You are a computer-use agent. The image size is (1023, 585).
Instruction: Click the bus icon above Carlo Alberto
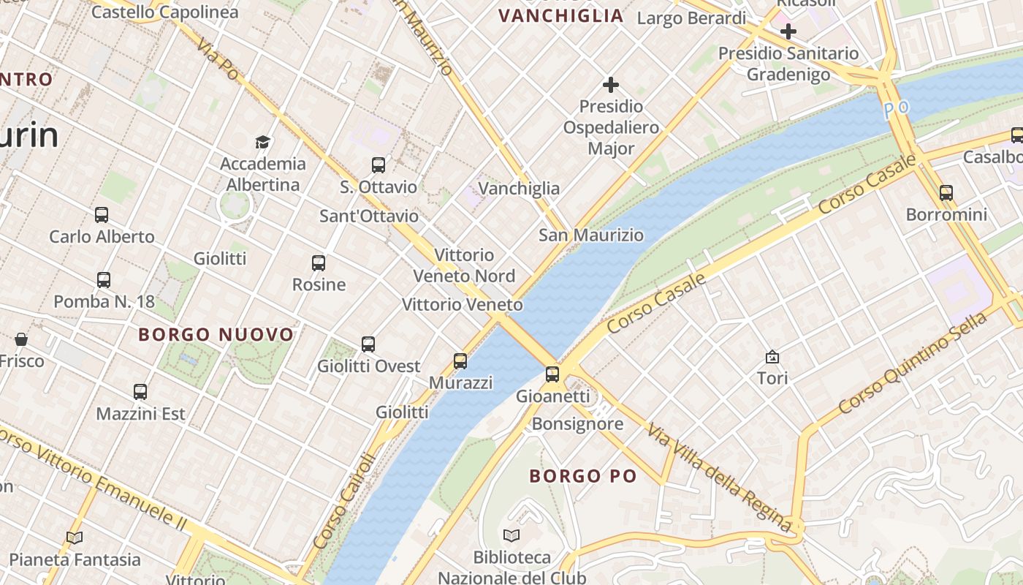(102, 215)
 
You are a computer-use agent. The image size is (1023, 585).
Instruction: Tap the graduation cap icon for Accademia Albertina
(262, 142)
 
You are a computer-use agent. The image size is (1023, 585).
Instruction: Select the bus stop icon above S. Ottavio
(378, 165)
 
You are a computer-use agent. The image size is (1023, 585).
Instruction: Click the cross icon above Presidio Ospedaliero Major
(611, 85)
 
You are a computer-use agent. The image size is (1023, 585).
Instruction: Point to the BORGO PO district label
(583, 476)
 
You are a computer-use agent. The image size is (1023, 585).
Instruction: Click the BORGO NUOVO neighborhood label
(216, 335)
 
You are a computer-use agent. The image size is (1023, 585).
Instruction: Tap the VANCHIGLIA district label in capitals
(560, 16)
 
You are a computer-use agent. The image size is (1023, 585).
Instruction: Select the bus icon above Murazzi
(460, 361)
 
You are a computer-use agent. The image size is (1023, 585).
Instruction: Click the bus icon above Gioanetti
(552, 374)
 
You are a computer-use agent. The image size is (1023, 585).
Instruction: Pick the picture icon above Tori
(772, 357)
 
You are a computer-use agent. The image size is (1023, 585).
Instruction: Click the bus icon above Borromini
(946, 193)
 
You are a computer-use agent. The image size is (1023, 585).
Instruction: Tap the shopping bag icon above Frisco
(21, 339)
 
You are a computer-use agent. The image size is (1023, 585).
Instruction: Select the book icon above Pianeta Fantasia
(75, 537)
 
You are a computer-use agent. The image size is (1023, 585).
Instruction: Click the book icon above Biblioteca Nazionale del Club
(512, 535)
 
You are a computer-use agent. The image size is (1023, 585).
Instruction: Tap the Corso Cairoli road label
(344, 501)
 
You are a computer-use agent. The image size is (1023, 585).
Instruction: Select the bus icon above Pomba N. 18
(104, 279)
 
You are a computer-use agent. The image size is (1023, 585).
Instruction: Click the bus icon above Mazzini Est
(140, 392)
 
